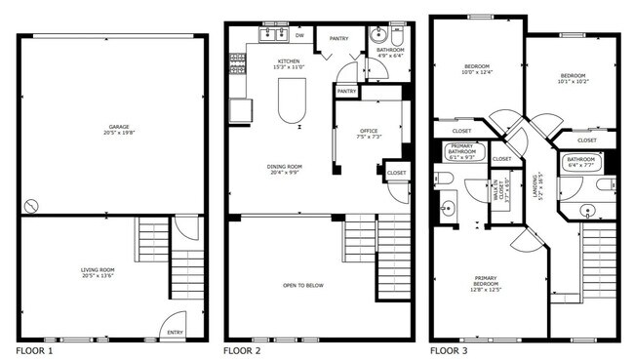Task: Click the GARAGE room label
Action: (x=119, y=127)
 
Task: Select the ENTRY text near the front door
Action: (x=175, y=333)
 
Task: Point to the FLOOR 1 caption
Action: (x=35, y=349)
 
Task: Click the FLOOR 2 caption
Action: (x=242, y=349)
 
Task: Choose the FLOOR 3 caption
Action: (x=450, y=349)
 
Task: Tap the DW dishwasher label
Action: (x=300, y=36)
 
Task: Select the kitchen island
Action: (x=292, y=100)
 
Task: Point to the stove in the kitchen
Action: (x=237, y=64)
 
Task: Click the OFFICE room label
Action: (x=368, y=131)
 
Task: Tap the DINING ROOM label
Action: (x=284, y=167)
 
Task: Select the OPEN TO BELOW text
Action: (x=303, y=285)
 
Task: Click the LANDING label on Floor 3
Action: (x=535, y=185)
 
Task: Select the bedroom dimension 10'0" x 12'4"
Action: (x=477, y=71)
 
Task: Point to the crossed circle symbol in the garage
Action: (x=32, y=207)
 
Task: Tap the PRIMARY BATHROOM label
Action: (x=461, y=150)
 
